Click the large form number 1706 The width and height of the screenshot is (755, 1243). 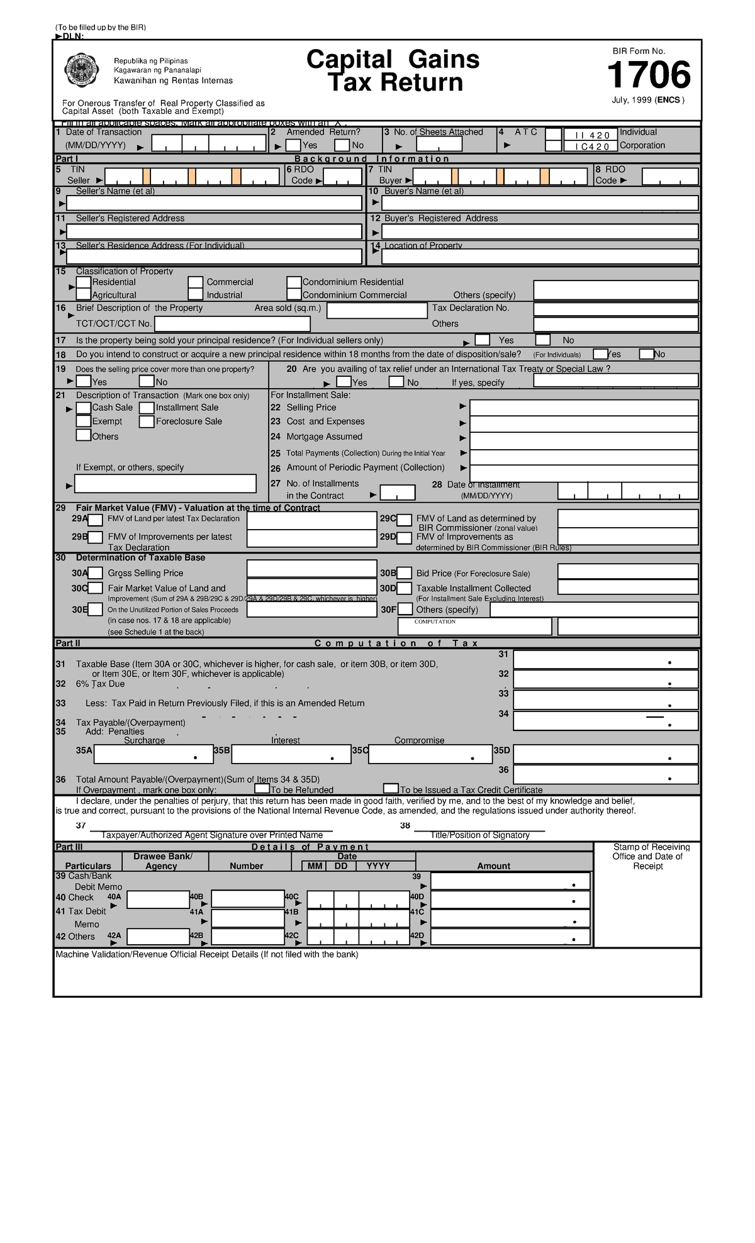(x=649, y=75)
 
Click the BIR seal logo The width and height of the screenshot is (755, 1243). (x=82, y=71)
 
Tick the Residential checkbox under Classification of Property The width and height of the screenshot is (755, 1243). (x=84, y=282)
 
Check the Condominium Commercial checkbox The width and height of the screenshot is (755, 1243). (x=294, y=294)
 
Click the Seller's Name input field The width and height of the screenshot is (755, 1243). (x=214, y=203)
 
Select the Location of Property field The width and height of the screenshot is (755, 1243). (x=540, y=257)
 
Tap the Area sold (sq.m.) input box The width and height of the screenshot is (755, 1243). (x=377, y=311)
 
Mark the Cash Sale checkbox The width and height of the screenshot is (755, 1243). (x=83, y=408)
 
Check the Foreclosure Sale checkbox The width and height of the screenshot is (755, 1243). (x=147, y=421)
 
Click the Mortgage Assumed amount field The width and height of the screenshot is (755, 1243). (x=584, y=440)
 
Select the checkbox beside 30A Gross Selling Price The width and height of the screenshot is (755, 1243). (x=95, y=573)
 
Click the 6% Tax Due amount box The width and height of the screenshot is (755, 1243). (x=605, y=679)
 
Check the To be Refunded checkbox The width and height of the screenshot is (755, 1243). (x=262, y=789)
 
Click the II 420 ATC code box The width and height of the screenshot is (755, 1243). (x=588, y=135)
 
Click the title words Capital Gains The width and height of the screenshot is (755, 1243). (x=393, y=60)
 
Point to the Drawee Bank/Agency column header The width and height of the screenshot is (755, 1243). (x=162, y=861)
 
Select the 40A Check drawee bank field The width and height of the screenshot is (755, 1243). (x=158, y=900)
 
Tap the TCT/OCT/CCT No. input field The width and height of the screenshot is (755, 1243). (x=232, y=324)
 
